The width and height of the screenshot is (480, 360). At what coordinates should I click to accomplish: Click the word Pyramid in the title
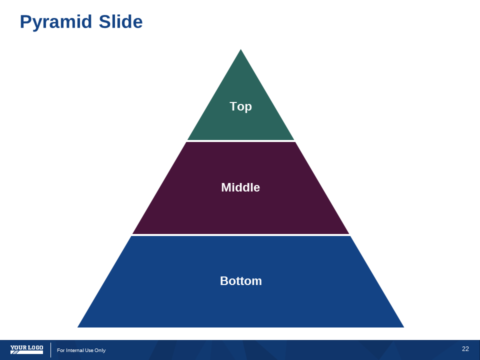[56, 22]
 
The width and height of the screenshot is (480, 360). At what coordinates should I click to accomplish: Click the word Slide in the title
[120, 21]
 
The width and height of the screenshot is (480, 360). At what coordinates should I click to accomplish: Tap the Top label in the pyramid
[240, 106]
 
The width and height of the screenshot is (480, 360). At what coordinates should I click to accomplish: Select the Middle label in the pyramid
[240, 187]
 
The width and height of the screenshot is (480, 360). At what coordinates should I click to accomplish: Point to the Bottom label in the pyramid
[241, 281]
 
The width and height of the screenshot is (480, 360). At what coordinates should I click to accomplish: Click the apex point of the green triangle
[240, 49]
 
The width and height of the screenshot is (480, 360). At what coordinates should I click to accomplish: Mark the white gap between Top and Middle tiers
[240, 141]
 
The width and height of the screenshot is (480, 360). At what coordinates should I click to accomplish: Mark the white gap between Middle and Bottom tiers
[240, 235]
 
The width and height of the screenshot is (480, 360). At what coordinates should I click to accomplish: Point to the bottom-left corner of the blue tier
[78, 327]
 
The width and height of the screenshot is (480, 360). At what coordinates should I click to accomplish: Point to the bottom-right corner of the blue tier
[404, 327]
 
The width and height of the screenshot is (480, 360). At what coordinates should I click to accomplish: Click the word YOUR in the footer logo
[18, 347]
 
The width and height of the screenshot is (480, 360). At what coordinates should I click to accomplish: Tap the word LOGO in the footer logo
[35, 347]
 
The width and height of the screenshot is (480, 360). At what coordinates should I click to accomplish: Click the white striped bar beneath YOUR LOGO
[26, 352]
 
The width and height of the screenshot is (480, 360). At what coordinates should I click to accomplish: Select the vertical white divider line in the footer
[51, 350]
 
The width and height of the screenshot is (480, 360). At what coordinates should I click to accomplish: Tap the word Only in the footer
[100, 350]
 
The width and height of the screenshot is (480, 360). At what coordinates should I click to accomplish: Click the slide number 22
[465, 348]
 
